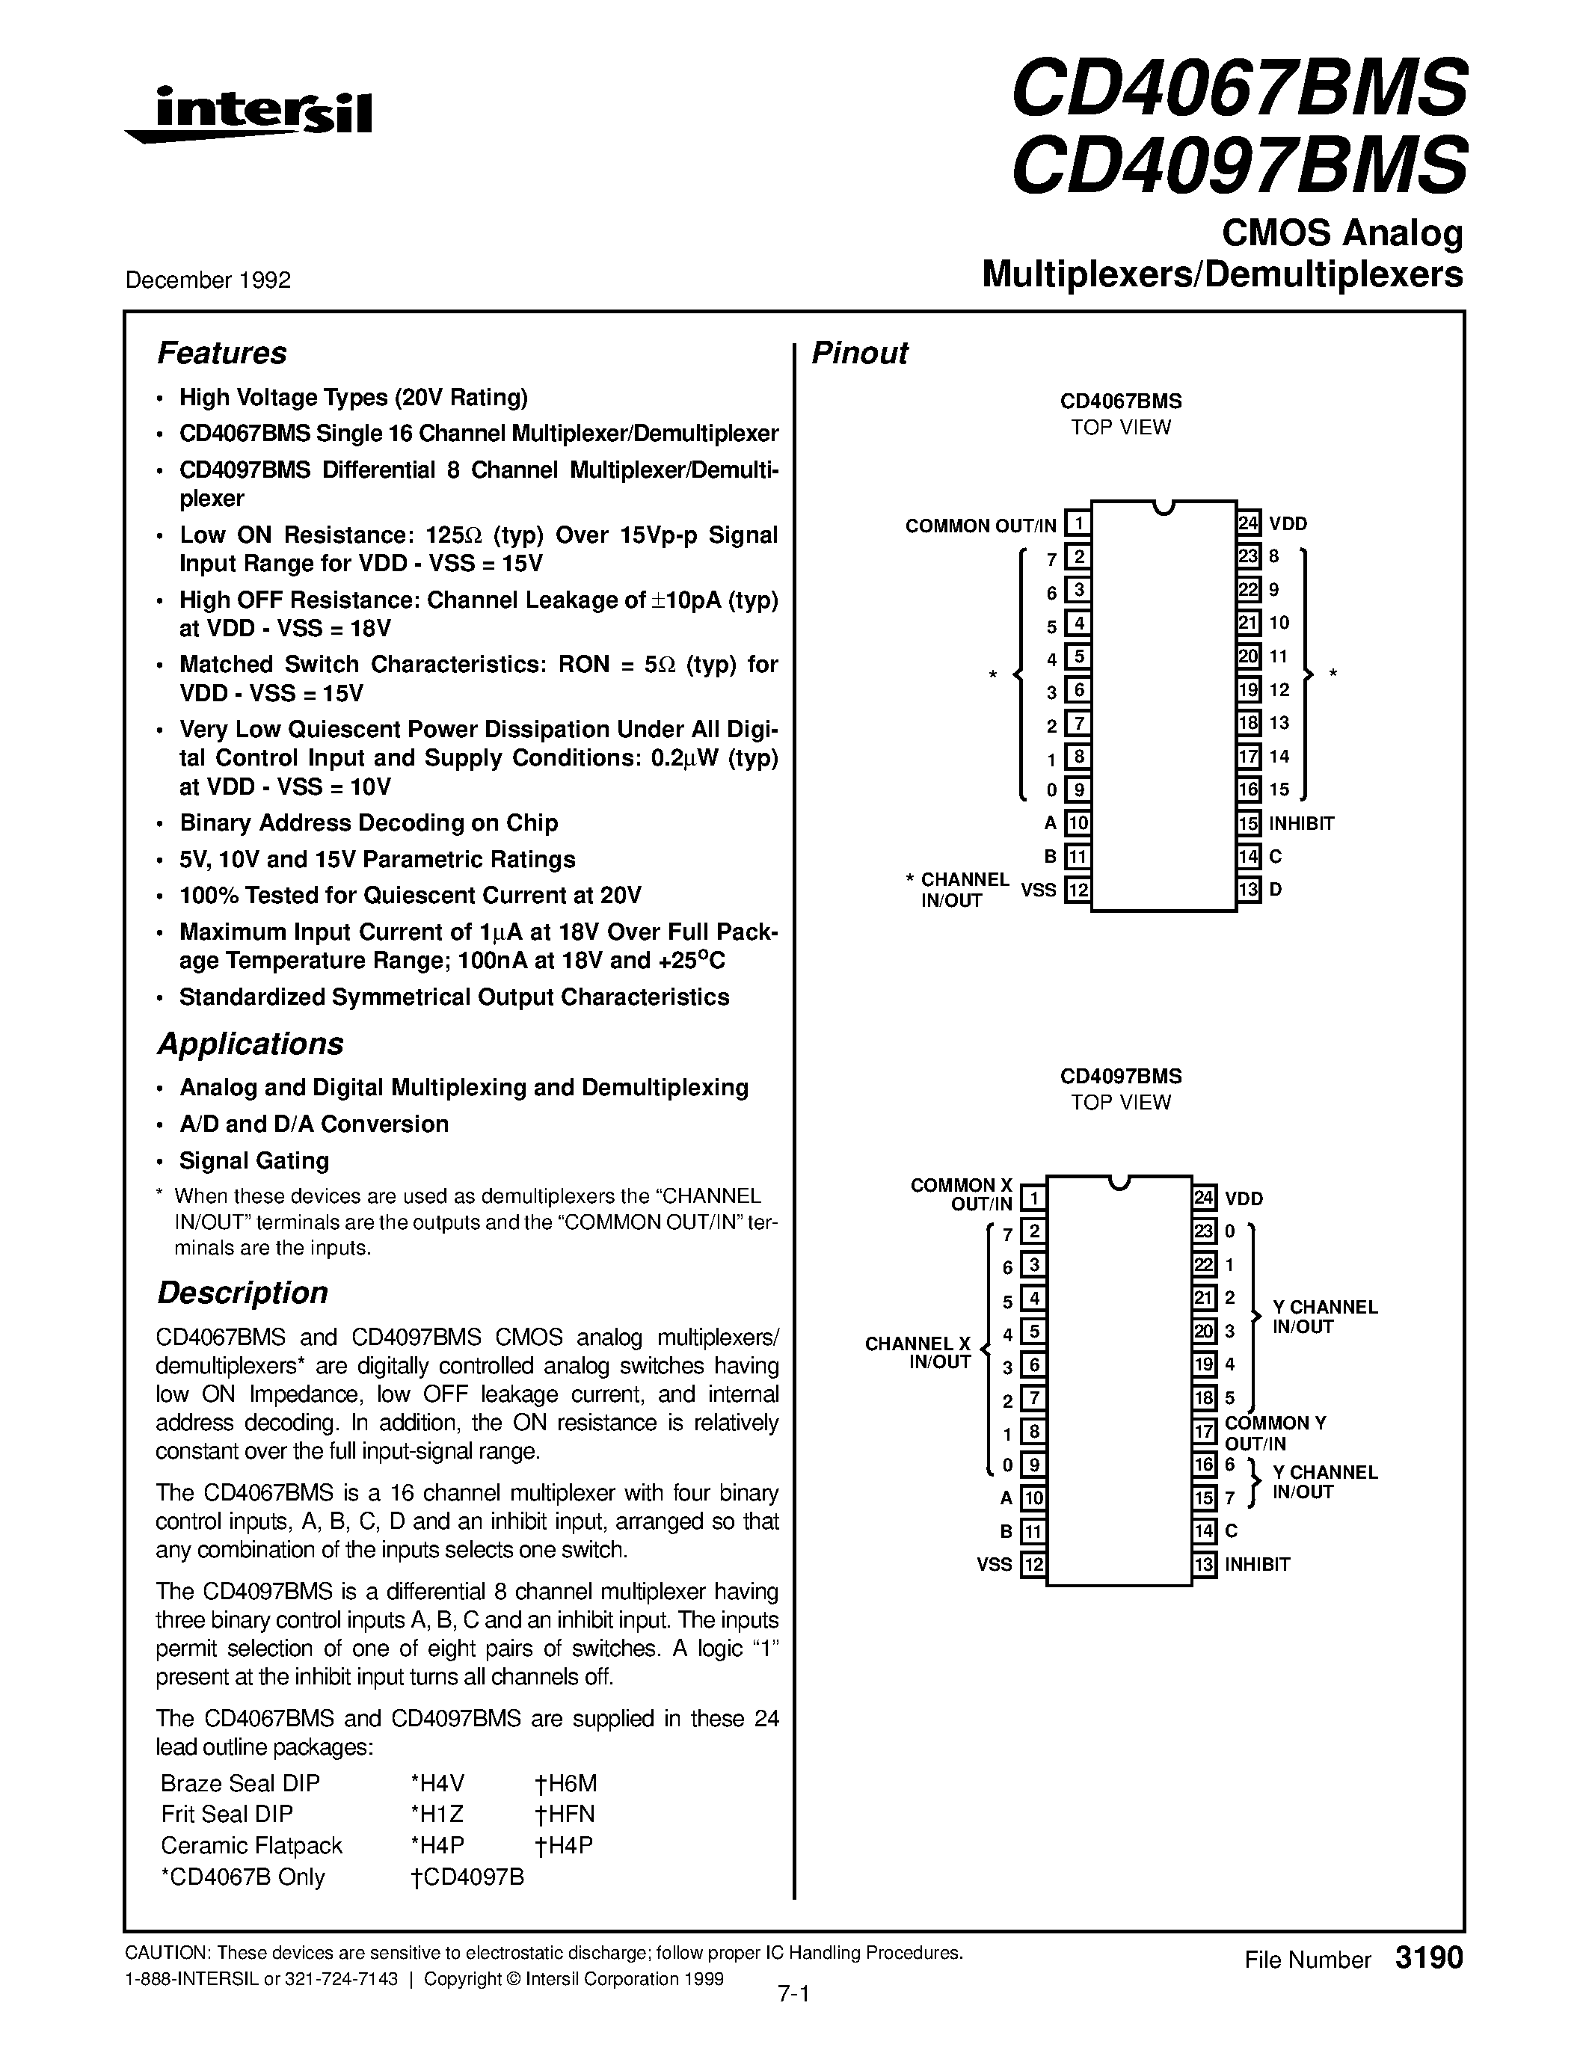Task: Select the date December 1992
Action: pyautogui.click(x=208, y=280)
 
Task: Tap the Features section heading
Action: pyautogui.click(x=221, y=353)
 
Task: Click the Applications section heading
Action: pyautogui.click(x=250, y=1044)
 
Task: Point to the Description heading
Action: pyautogui.click(x=242, y=1293)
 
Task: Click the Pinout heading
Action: pyautogui.click(x=859, y=353)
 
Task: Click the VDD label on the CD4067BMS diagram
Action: pyautogui.click(x=1287, y=523)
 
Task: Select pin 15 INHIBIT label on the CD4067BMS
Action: pyautogui.click(x=1301, y=824)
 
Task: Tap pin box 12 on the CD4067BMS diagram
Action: pyautogui.click(x=1078, y=890)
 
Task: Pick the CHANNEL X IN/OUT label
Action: pyautogui.click(x=918, y=1352)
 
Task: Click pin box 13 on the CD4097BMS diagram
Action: pyautogui.click(x=1204, y=1565)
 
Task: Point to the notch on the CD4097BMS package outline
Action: pyautogui.click(x=1119, y=1183)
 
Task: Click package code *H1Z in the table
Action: pyautogui.click(x=437, y=1814)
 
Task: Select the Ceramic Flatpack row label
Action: pyautogui.click(x=251, y=1845)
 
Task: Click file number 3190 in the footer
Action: pyautogui.click(x=1429, y=1959)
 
